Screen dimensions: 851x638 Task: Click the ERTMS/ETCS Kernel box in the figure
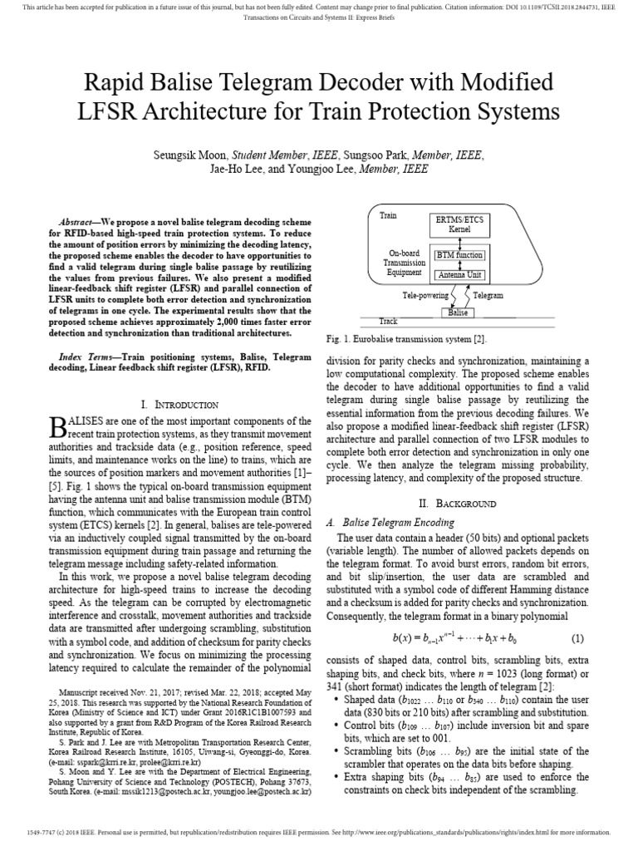tap(459, 224)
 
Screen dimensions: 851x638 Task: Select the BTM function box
tap(459, 255)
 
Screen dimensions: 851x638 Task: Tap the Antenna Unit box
tap(459, 275)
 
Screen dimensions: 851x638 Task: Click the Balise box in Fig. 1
tap(459, 313)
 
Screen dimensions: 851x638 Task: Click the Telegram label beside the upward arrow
tap(488, 295)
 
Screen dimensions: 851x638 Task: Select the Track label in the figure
tap(388, 321)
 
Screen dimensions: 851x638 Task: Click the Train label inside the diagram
tap(388, 215)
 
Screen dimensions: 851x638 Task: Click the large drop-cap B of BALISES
tap(56, 426)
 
